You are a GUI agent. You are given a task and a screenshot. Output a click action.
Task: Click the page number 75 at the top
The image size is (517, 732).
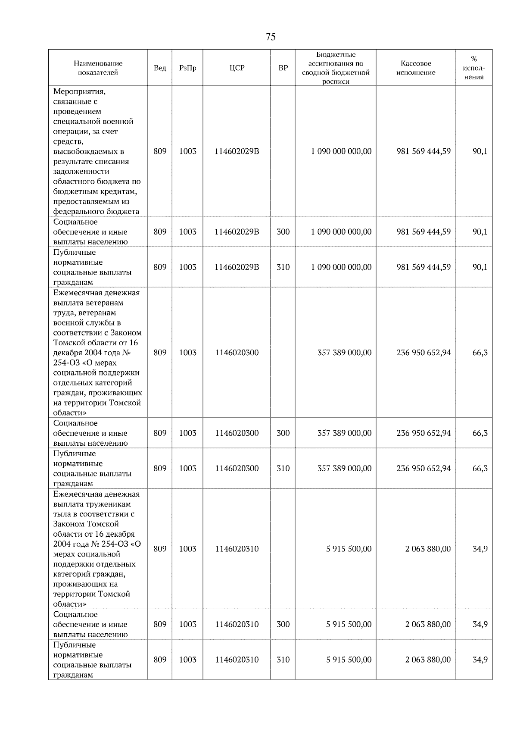pos(271,37)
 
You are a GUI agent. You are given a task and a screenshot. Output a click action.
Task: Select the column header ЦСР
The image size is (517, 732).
pos(237,68)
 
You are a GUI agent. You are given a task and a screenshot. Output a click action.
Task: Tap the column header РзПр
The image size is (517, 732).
pos(187,68)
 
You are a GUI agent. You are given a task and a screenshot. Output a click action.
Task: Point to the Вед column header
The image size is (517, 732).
pos(160,68)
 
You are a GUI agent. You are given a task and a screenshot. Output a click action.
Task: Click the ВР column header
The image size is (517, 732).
pos(283,68)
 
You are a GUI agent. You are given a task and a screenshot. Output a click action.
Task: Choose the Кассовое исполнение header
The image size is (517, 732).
pos(415,68)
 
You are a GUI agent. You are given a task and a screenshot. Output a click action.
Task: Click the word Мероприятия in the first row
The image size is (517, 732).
pos(79,91)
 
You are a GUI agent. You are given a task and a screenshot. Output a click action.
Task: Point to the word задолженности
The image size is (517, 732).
pos(81,172)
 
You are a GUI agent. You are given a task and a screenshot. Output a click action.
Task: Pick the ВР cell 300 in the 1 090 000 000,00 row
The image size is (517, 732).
pos(283,231)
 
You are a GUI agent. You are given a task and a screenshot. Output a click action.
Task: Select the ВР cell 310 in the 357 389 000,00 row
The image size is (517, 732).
pos(283,468)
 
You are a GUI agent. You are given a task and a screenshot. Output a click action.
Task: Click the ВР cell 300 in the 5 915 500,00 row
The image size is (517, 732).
pos(283,624)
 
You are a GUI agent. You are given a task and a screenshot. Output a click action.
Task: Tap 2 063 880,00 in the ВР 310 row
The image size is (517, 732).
pos(428,660)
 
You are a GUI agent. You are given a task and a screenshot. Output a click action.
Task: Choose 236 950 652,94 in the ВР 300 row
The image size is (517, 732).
pos(424,433)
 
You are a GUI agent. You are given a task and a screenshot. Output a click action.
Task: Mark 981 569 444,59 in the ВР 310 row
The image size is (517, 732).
pos(424,267)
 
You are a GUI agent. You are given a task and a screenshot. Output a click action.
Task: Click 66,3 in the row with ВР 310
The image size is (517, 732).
pos(480,468)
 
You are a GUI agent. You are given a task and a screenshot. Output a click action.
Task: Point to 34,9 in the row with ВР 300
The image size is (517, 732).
pos(480,624)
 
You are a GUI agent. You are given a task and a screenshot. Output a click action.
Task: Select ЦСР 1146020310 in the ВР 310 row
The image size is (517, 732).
pos(237,660)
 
